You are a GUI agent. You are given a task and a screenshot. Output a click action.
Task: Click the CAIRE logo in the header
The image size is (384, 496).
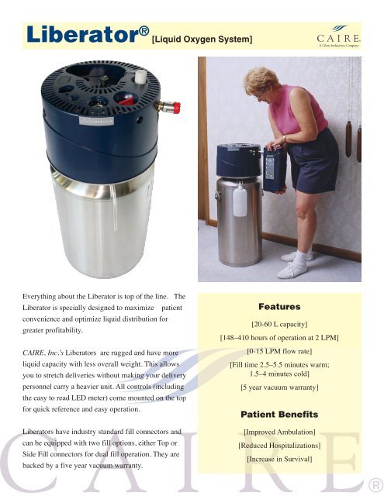click(338, 36)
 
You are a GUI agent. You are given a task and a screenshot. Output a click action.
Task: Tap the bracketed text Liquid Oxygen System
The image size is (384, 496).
click(202, 40)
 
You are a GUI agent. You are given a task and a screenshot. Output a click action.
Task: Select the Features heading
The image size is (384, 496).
click(279, 307)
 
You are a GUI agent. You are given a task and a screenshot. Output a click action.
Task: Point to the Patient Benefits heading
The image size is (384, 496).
click(279, 415)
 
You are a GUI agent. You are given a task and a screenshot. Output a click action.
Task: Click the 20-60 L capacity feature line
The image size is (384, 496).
click(279, 324)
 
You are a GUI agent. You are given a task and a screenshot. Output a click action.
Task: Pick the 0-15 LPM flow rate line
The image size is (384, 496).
click(279, 351)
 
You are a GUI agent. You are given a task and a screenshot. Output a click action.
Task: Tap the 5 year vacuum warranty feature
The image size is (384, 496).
click(279, 387)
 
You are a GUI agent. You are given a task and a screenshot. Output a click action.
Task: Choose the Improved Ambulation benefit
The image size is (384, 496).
click(279, 432)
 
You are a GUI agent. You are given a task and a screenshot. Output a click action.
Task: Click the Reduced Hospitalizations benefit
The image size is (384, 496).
click(279, 446)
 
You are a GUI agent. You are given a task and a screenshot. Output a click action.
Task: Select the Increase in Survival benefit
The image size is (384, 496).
click(279, 459)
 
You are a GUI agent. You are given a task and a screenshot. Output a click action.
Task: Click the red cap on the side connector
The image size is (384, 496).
click(177, 108)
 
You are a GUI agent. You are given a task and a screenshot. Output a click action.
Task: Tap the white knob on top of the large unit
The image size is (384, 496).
click(140, 76)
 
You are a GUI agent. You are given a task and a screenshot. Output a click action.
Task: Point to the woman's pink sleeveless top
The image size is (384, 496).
click(298, 109)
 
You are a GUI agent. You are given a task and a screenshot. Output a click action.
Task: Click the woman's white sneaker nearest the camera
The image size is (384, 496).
click(295, 270)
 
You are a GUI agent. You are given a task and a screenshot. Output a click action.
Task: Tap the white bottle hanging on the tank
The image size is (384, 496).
click(240, 201)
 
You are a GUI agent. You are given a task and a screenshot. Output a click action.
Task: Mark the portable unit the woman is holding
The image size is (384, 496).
click(274, 170)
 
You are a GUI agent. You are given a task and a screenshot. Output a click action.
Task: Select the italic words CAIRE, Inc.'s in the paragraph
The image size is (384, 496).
click(43, 353)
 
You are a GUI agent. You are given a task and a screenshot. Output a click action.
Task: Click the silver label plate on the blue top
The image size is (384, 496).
click(96, 121)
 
